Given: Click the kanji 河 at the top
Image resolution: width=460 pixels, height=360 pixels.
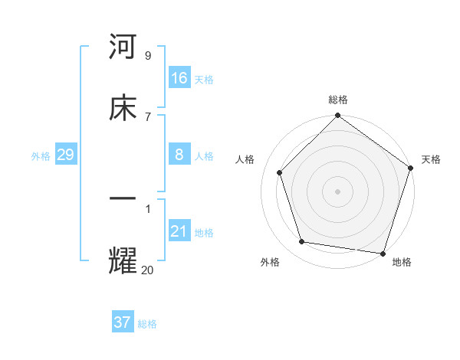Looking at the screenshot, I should (x=123, y=47).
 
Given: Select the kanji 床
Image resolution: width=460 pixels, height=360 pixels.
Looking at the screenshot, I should (x=123, y=108).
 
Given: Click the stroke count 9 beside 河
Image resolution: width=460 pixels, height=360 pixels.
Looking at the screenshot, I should (x=147, y=56).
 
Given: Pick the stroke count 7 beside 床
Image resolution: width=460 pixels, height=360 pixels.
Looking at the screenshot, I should (x=147, y=116).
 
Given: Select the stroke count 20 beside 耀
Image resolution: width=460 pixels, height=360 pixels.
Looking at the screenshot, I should (x=147, y=270).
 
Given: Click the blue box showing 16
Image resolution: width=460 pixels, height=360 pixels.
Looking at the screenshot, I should (x=179, y=78).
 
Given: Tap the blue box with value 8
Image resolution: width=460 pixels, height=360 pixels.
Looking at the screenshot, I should (x=179, y=155).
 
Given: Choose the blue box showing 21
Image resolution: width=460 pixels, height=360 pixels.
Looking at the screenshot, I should (x=179, y=231).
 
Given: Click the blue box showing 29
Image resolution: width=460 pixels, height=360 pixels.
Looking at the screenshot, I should (x=66, y=155).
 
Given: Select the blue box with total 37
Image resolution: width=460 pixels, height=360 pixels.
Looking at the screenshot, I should (x=123, y=322).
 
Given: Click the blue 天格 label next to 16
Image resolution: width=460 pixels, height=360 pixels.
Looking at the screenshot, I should (x=204, y=80).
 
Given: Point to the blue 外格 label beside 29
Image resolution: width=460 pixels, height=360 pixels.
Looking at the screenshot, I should (x=41, y=156).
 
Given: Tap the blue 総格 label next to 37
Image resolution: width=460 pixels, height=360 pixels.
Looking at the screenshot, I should (x=147, y=324).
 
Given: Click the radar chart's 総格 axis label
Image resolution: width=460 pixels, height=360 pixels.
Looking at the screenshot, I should (x=337, y=100).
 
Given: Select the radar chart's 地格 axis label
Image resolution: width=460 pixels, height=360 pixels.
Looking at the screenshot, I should (x=402, y=262).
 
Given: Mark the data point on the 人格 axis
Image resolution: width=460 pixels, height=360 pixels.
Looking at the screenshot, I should (x=280, y=172).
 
